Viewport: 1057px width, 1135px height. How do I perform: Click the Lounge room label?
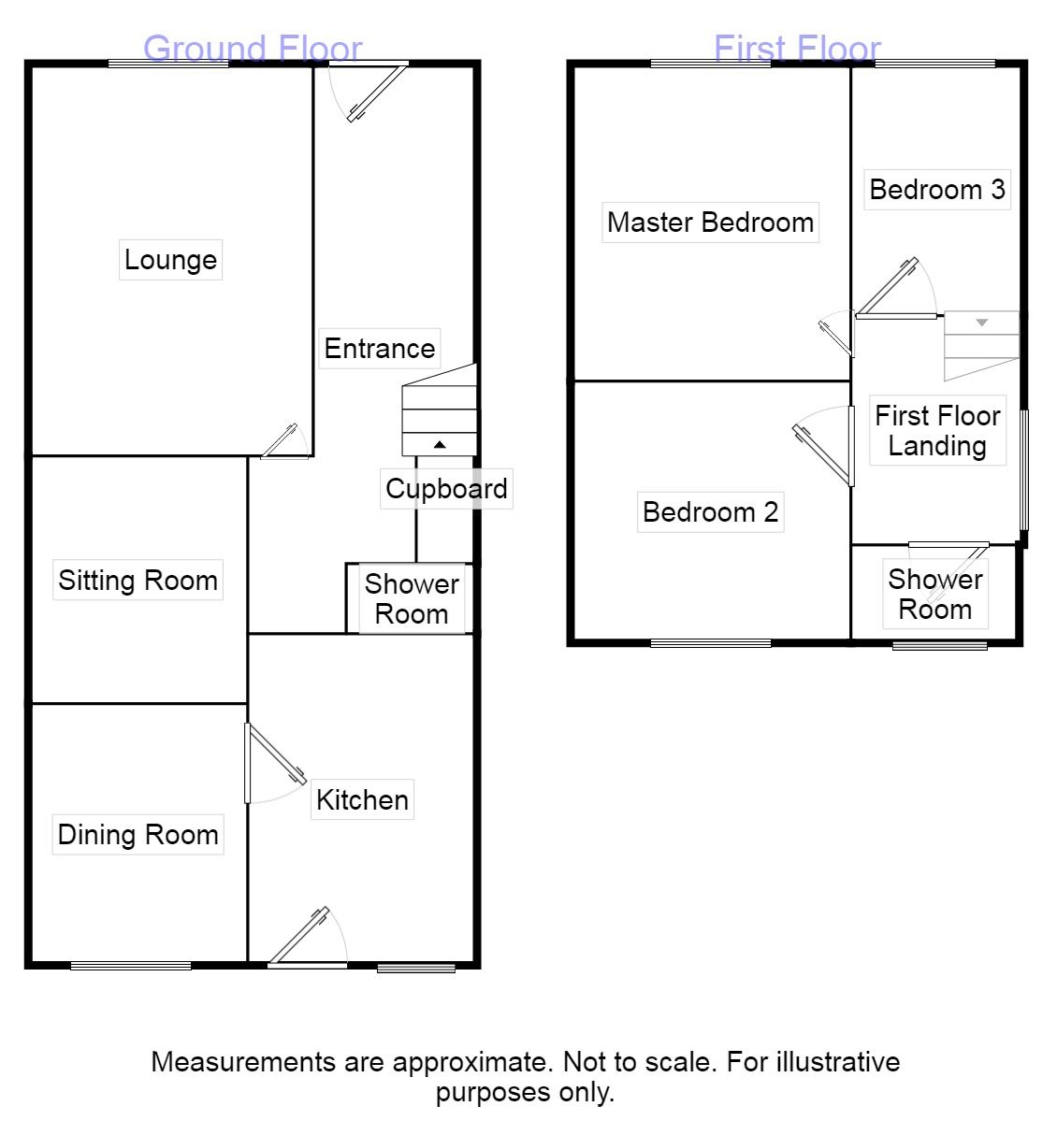point(170,259)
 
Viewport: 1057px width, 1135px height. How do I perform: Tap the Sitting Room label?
point(138,581)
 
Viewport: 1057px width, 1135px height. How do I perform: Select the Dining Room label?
point(138,835)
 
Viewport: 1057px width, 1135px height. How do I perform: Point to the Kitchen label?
point(362,800)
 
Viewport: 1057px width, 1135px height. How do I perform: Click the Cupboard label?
point(446,489)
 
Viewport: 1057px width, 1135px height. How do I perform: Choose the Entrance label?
point(379,349)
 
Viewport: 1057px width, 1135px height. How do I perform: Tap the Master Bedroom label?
point(710,223)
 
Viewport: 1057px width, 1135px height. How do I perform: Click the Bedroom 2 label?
point(710,512)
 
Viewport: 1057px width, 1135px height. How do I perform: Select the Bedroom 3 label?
point(936,190)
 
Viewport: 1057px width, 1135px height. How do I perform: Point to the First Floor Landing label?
point(937,430)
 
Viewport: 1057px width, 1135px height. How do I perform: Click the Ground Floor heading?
point(253,49)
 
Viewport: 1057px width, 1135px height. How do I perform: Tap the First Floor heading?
point(797,49)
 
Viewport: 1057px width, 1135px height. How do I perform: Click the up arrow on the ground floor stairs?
point(440,445)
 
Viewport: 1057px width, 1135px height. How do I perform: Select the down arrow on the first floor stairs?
point(982,323)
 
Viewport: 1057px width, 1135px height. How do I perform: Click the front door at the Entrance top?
point(376,93)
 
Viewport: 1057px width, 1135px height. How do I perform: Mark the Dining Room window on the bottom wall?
point(131,966)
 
